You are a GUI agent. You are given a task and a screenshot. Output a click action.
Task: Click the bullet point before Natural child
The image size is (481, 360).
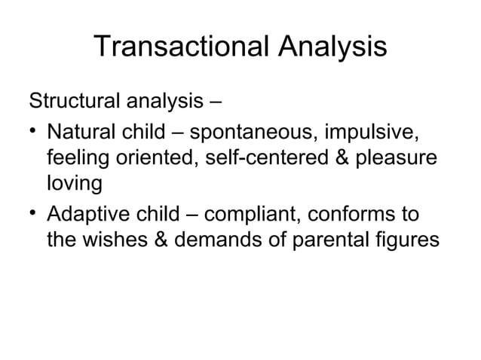[33, 133]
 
